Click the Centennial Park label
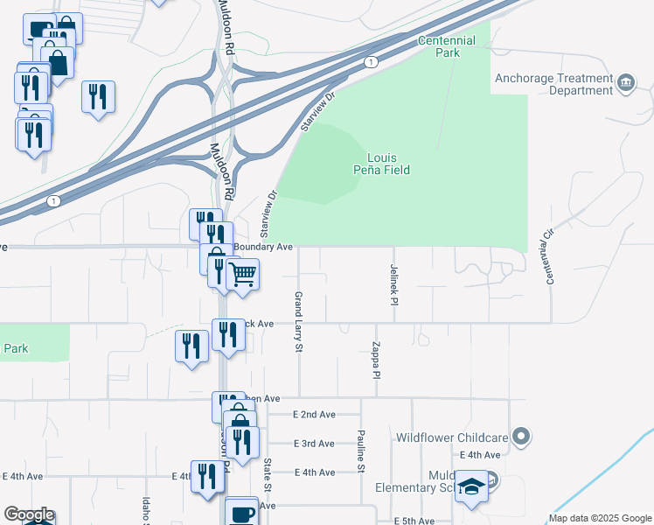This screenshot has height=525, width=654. (x=447, y=46)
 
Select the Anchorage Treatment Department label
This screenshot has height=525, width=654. (x=553, y=84)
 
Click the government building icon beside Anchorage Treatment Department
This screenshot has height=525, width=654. (x=626, y=84)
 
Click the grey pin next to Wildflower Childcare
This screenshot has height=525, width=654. (x=522, y=436)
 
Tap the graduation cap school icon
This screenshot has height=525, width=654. (x=472, y=487)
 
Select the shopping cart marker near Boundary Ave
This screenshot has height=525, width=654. (x=242, y=275)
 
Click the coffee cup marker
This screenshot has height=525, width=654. (x=241, y=513)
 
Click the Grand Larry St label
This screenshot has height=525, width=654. (x=298, y=322)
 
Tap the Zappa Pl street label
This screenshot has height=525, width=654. (x=376, y=360)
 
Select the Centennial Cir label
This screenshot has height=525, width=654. (x=551, y=257)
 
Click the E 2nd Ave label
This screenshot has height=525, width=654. (x=314, y=415)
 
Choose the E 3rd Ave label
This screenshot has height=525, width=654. (x=314, y=444)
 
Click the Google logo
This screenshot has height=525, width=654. (x=28, y=515)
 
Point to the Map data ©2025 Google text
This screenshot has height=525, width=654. (x=600, y=518)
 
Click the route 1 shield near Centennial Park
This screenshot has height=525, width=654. (x=372, y=62)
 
